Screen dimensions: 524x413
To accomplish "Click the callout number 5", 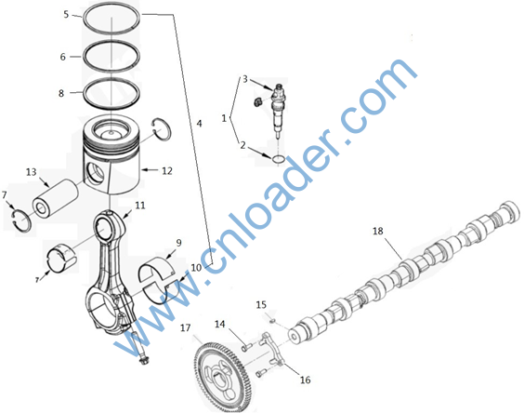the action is [x=66, y=14].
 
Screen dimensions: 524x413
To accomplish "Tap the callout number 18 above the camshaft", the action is [x=377, y=231].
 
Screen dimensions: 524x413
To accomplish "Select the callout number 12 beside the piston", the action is [x=167, y=171].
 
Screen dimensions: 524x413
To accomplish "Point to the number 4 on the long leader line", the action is [x=199, y=124].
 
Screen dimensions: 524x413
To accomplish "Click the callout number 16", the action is [x=305, y=380].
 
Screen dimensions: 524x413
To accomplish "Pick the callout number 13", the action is [x=31, y=172].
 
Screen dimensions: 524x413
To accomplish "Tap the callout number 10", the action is [x=197, y=267].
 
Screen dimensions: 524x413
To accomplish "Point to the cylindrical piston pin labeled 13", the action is [x=55, y=198].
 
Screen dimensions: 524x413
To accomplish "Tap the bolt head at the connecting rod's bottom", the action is [x=144, y=361].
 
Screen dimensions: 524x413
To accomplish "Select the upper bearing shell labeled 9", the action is [x=157, y=268].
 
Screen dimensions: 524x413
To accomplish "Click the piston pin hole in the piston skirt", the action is [x=97, y=173].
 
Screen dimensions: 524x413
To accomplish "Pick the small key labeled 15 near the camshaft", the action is [x=272, y=321].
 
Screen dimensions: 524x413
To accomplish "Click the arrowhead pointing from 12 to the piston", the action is [x=144, y=170].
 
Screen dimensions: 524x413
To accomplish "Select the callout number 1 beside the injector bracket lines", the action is [x=224, y=118].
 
